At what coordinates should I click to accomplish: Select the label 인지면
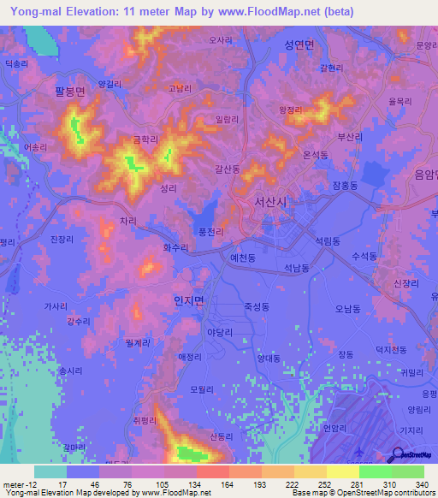188,300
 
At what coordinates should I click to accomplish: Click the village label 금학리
135,137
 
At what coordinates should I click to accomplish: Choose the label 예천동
245,257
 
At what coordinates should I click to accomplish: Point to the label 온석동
317,154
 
